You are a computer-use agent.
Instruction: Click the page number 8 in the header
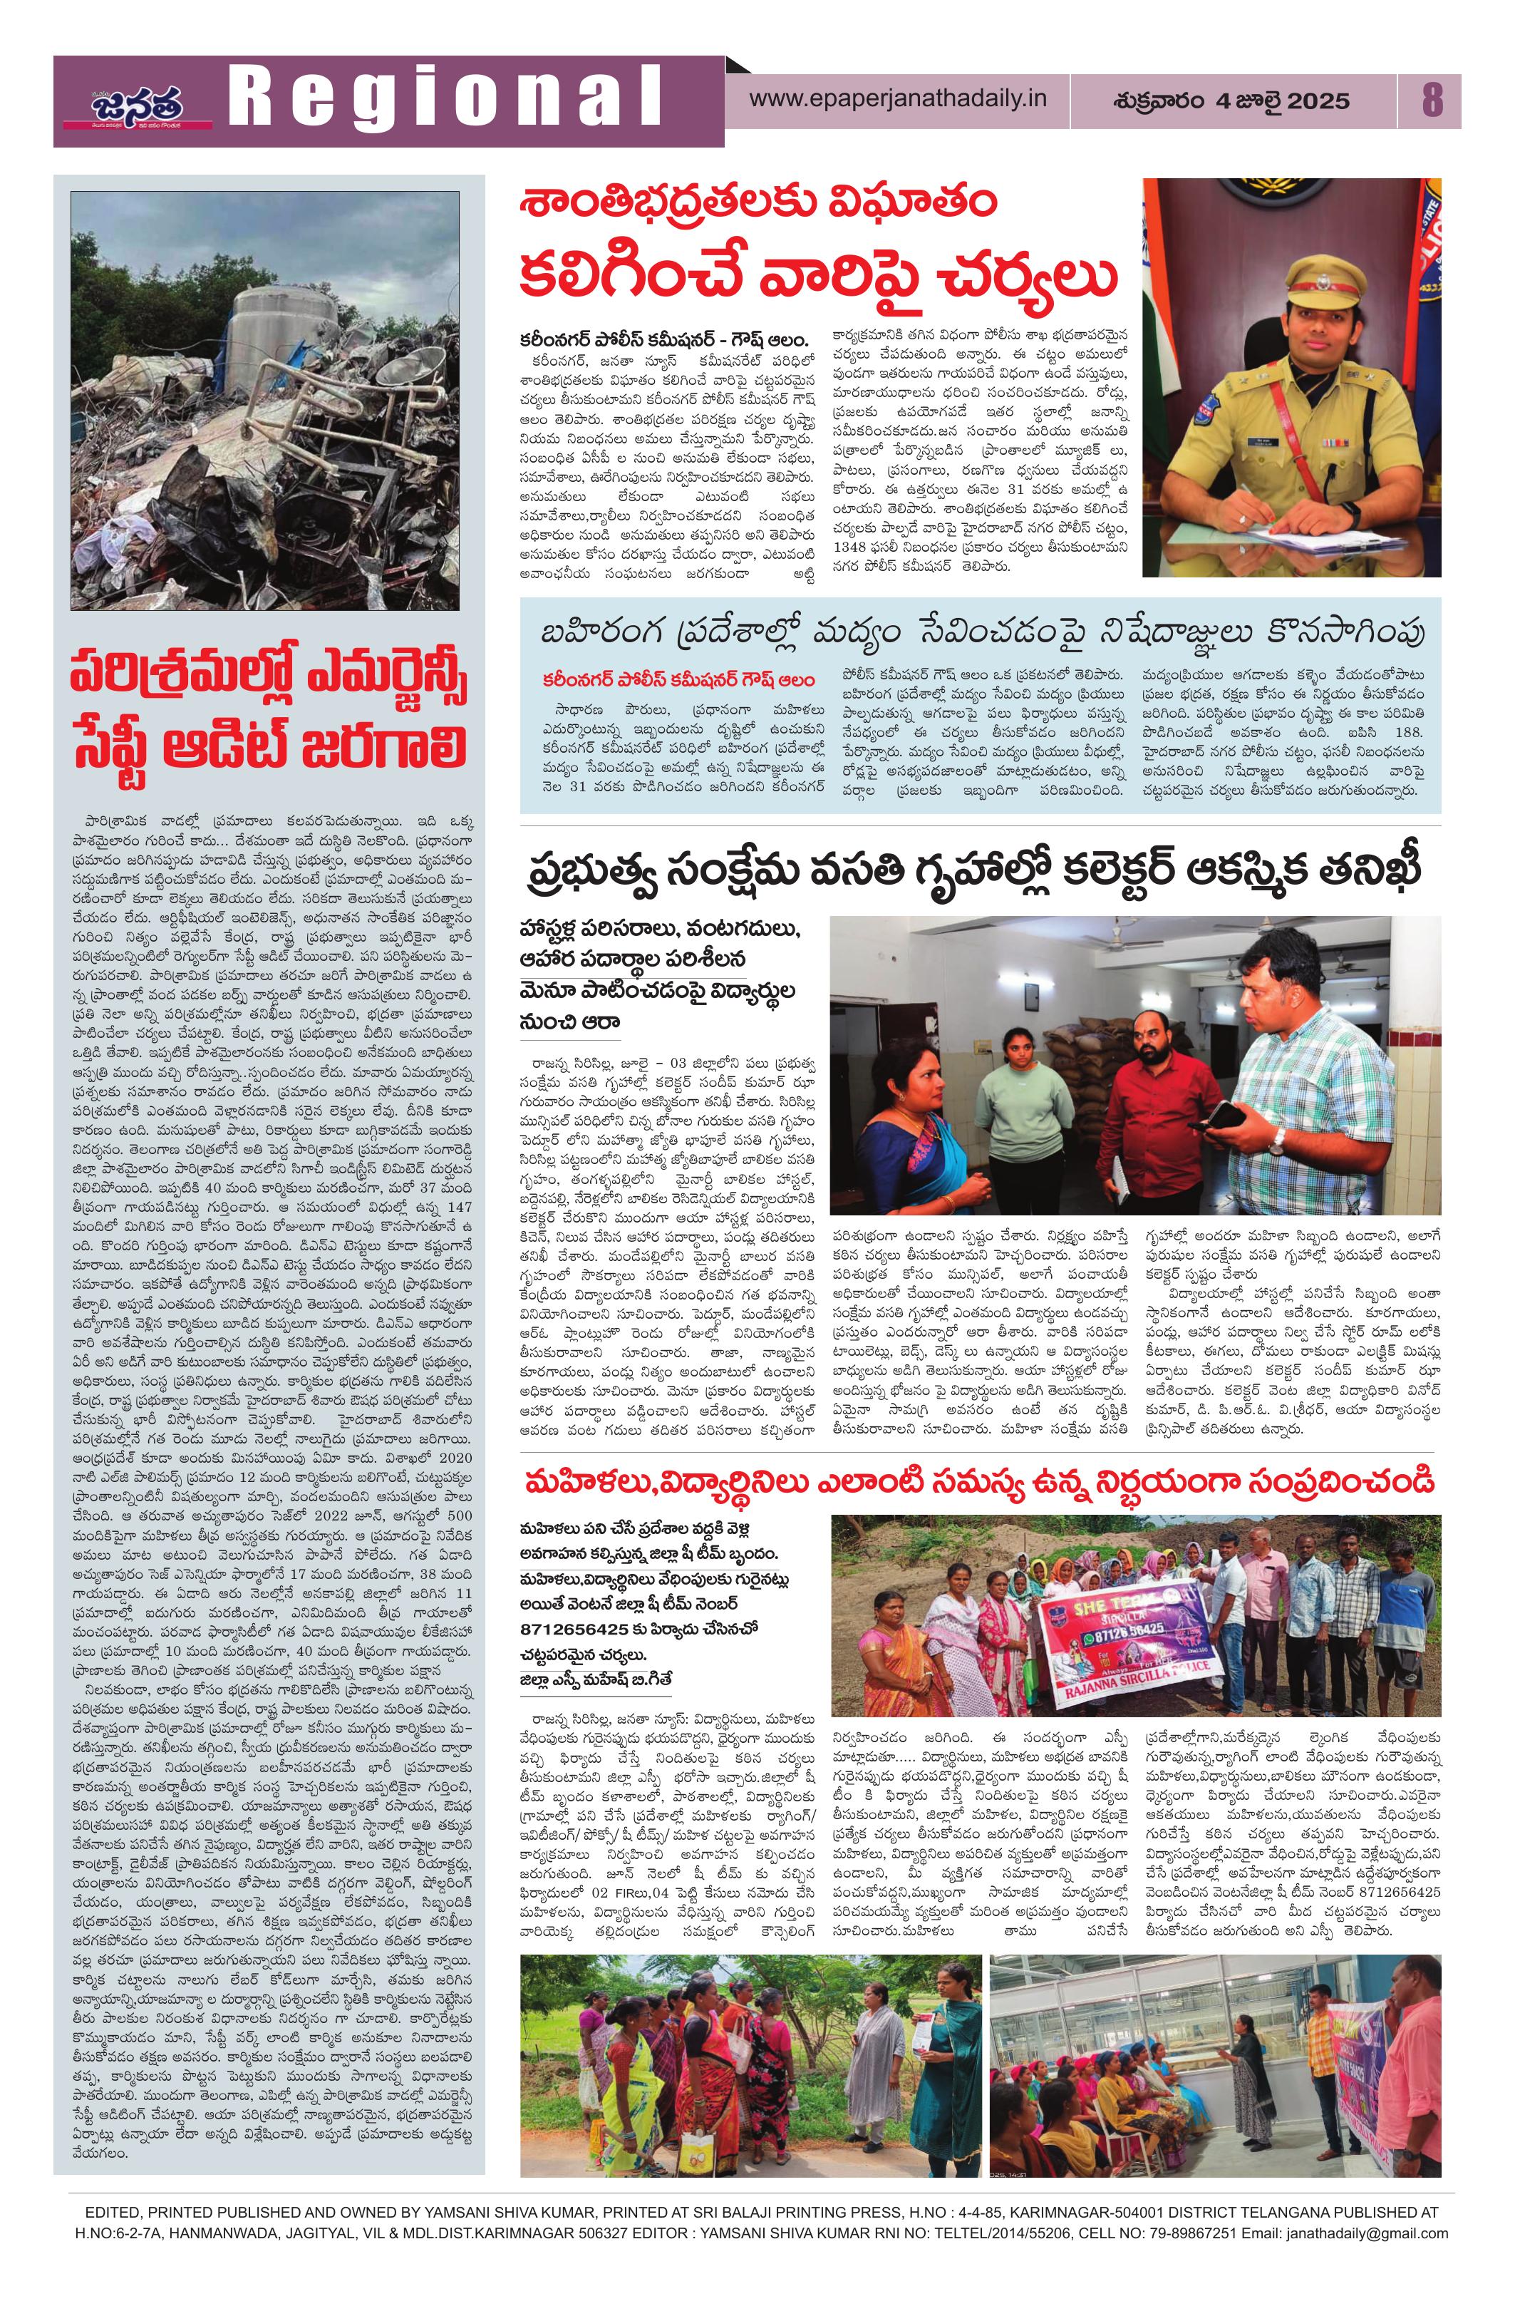(1430, 101)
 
